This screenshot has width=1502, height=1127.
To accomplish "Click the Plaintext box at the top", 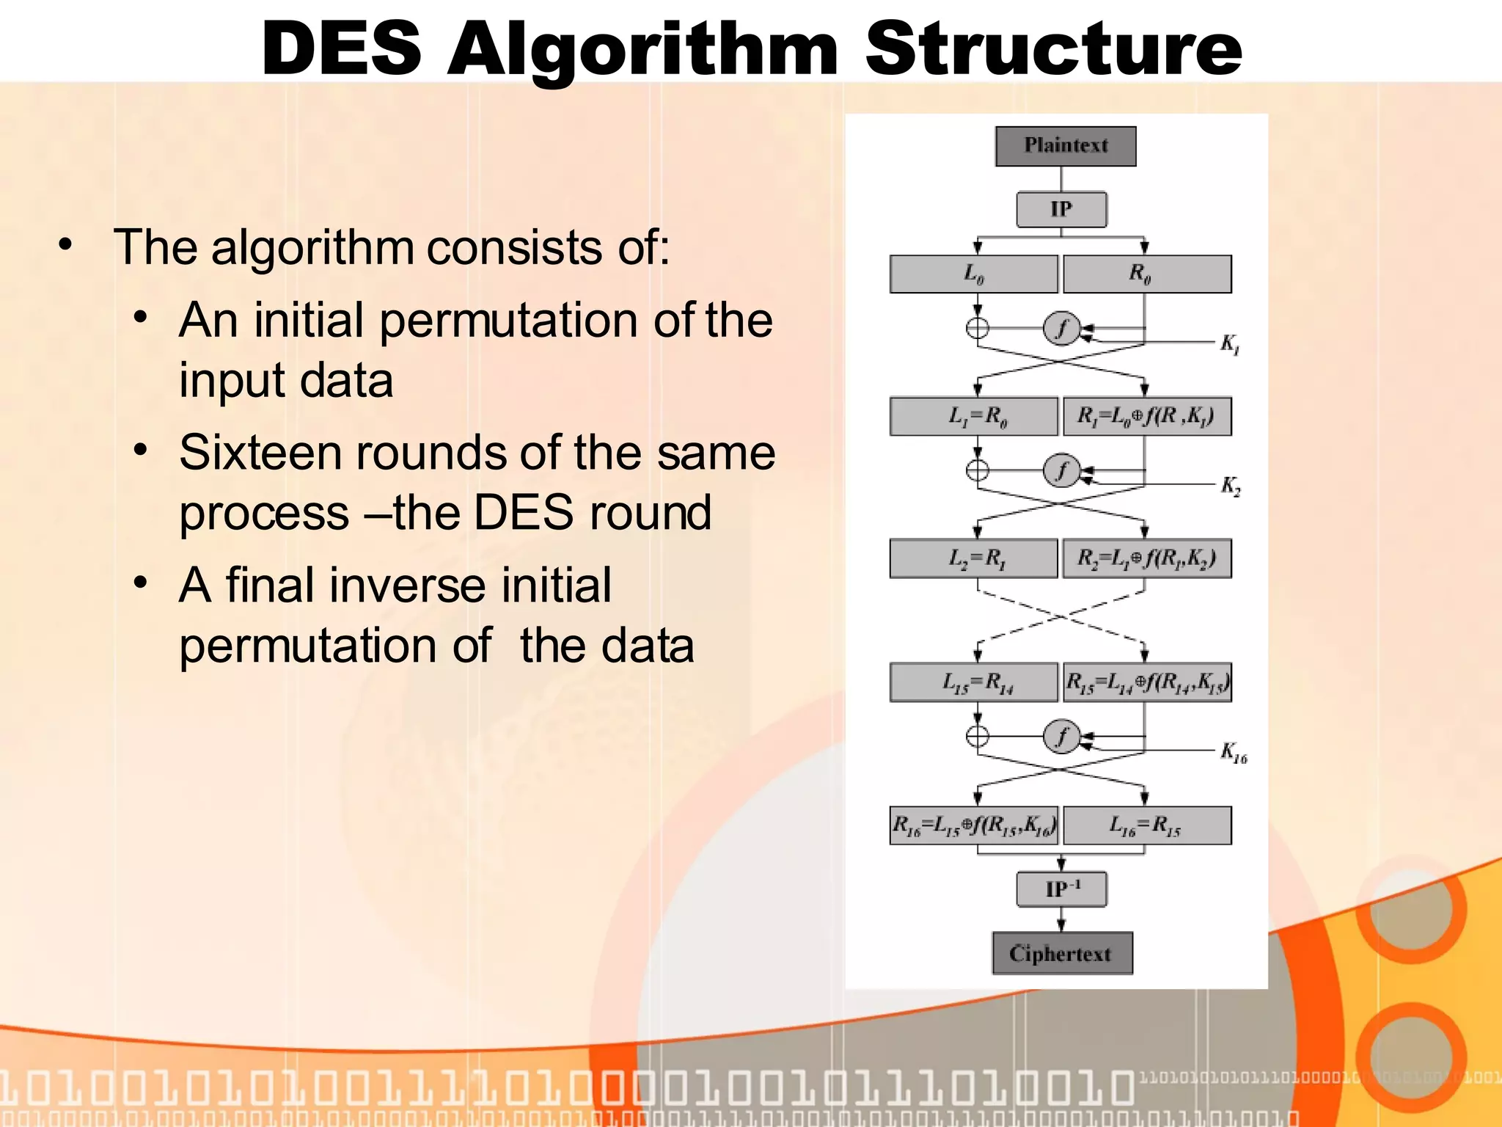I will click(x=1065, y=146).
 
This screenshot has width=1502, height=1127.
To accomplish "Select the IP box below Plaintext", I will click(x=1060, y=210).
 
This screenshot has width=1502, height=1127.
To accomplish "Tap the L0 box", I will click(x=973, y=274).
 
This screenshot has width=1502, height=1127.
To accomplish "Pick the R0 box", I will click(x=1146, y=274).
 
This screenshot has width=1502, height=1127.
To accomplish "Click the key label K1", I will click(x=1230, y=343).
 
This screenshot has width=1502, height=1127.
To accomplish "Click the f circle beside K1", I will click(x=1061, y=328).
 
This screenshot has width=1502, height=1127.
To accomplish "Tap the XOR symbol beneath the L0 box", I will click(x=977, y=328).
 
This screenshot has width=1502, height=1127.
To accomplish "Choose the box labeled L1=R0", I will click(x=973, y=417).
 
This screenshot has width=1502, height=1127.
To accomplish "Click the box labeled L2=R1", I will click(x=973, y=559).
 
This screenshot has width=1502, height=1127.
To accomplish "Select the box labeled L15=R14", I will click(x=973, y=683).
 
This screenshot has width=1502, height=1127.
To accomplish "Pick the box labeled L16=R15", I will click(x=1146, y=825).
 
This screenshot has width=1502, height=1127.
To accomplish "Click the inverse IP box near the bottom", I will click(x=1060, y=889).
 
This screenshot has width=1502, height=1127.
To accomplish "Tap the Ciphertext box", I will click(x=1061, y=953).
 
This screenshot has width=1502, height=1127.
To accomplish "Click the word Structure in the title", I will click(x=1053, y=48).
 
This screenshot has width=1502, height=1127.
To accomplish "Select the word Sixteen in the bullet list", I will click(x=259, y=453).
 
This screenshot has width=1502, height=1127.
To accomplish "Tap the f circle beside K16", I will click(x=1061, y=736).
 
